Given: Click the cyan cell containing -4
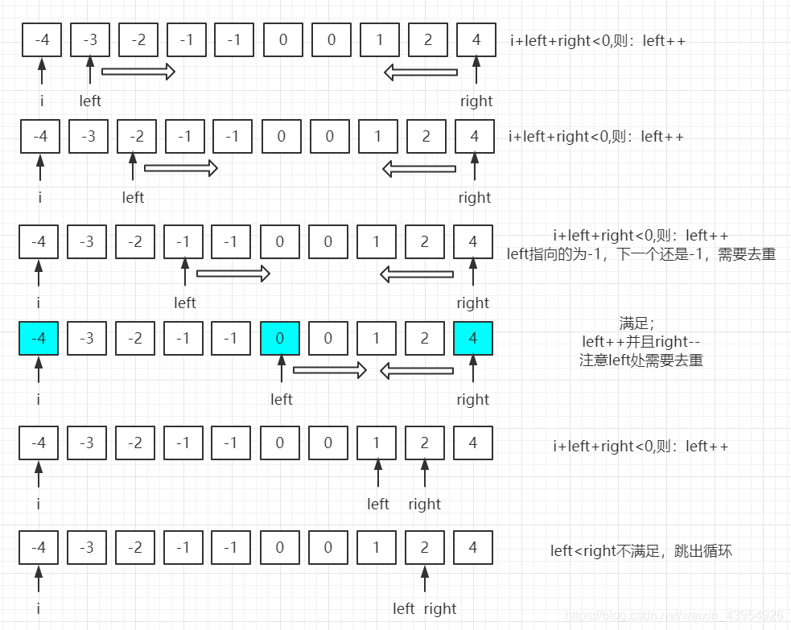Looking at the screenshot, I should click(x=39, y=338).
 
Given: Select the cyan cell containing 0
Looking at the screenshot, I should click(x=280, y=338).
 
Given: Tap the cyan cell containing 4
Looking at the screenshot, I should click(x=473, y=338).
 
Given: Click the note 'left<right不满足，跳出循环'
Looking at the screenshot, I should click(x=641, y=551).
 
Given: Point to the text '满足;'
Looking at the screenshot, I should click(x=641, y=323).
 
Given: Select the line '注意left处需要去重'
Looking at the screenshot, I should click(x=641, y=360).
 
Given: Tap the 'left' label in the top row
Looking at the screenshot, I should click(x=90, y=101).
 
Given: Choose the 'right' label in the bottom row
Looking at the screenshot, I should click(x=440, y=609).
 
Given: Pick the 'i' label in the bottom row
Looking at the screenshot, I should click(x=38, y=609).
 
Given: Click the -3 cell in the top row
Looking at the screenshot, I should click(x=90, y=39).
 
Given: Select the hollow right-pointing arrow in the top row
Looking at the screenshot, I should click(x=138, y=72).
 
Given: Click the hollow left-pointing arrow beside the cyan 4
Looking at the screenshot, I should click(x=417, y=371).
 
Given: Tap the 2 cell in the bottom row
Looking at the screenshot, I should click(x=425, y=548).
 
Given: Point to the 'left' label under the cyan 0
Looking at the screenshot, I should click(x=282, y=400).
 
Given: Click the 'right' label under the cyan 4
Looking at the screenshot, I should click(x=473, y=400).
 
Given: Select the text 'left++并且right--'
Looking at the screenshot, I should click(x=641, y=342).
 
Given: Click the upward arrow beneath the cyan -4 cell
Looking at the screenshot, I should click(x=39, y=371).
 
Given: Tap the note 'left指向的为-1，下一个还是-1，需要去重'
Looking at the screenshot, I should click(x=641, y=254).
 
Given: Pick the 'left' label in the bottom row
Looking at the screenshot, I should click(x=404, y=609).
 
